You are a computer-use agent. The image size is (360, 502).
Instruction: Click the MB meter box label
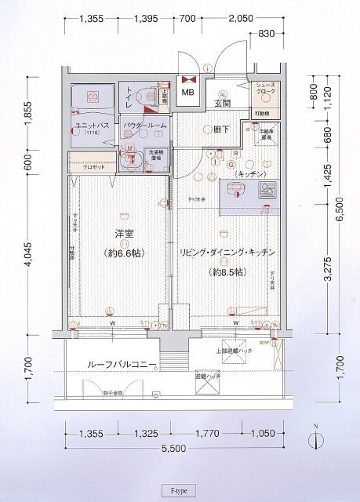(189, 95)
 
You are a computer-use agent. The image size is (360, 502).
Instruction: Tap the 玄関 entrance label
(222, 103)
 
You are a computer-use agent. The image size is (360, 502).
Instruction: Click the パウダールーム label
(144, 125)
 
